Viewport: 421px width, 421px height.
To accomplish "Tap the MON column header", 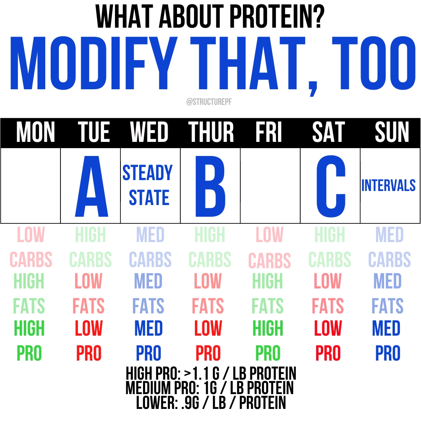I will coord(35,133).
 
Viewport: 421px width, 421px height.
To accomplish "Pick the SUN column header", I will coord(392,133).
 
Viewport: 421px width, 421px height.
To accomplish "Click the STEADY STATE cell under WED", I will coord(148,185).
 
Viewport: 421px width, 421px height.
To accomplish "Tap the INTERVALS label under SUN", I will coord(388,186).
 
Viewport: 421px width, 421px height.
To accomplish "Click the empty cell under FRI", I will coord(270,186).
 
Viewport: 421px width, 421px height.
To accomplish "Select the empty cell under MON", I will coord(31,186).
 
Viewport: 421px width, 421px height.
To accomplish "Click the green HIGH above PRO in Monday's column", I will coord(29,329).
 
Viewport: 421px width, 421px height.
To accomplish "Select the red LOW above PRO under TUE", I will coord(89,329).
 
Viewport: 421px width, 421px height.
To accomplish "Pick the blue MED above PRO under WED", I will coord(149,329).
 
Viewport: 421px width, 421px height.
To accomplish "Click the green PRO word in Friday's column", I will coord(268,354).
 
